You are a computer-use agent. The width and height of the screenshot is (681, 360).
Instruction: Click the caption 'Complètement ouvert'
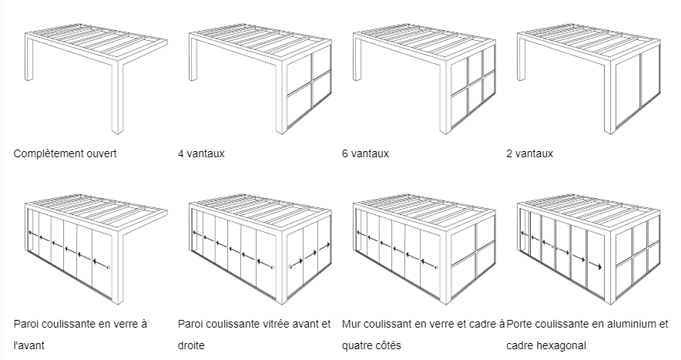(x=65, y=153)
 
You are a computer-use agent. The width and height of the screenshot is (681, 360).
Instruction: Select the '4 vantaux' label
(x=201, y=153)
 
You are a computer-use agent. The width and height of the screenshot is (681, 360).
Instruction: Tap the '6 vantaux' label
(x=365, y=153)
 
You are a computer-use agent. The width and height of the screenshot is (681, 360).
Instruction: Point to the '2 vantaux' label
(x=529, y=153)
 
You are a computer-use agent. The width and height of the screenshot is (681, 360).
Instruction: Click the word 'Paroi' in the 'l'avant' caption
(x=25, y=324)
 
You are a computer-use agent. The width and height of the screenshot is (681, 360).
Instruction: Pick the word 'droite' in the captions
(x=191, y=345)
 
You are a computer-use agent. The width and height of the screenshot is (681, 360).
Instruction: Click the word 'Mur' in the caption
(x=351, y=324)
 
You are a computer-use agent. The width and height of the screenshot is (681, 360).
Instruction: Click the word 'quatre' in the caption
(x=356, y=345)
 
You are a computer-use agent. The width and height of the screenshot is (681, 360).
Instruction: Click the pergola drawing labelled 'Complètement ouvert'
(x=96, y=79)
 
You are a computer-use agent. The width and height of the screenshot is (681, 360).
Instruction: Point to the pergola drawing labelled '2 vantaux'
(x=589, y=79)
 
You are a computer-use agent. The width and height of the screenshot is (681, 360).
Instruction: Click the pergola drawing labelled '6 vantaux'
(x=424, y=79)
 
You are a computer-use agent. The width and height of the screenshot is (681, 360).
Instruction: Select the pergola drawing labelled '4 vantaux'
(x=260, y=79)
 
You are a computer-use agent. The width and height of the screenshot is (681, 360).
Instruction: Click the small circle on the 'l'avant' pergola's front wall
(x=108, y=267)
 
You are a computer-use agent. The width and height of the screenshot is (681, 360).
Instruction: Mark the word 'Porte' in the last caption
(x=518, y=324)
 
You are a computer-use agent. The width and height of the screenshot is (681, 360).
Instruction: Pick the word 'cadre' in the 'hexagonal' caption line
(x=520, y=345)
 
